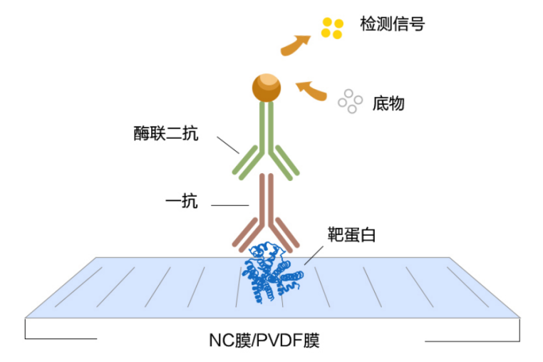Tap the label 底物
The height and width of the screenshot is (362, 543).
point(388,103)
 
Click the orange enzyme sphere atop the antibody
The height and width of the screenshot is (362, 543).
point(266,87)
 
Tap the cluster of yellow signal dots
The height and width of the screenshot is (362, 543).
point(332,28)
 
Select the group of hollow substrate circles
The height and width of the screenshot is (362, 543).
point(350,101)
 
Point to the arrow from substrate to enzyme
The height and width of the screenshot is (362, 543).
point(311,91)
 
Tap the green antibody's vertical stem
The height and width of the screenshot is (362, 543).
point(266,128)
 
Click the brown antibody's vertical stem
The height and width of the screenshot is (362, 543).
point(266,200)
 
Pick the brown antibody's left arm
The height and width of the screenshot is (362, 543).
point(247,232)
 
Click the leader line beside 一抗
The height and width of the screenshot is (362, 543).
point(229,206)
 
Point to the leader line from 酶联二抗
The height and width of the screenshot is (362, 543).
point(228,145)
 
